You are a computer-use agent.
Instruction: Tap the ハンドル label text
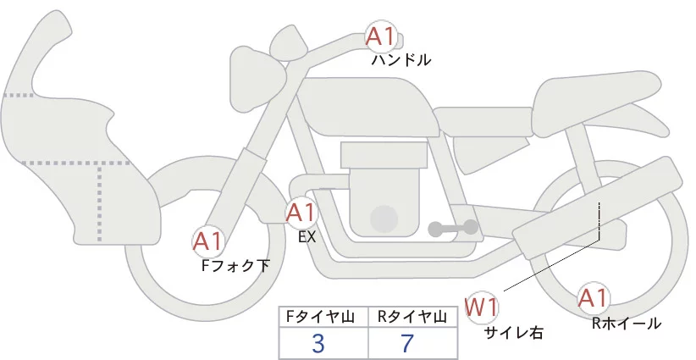[x=401, y=61]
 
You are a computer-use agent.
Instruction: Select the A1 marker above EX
[x=301, y=213]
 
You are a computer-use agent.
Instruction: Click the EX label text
[x=307, y=237]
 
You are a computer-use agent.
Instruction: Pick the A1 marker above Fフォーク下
[x=207, y=242]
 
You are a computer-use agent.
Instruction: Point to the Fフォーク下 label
[x=235, y=266]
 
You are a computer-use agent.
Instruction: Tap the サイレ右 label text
[x=512, y=332]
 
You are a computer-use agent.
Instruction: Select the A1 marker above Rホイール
[x=593, y=298]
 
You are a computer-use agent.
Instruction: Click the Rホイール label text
[x=627, y=323]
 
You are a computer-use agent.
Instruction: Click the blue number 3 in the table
[x=318, y=343]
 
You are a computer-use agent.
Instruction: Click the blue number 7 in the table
[x=408, y=343]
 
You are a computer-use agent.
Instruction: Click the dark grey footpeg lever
[x=453, y=228]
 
